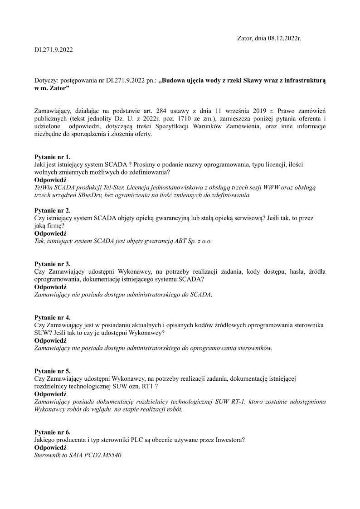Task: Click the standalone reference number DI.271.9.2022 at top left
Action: pyautogui.click(x=54, y=49)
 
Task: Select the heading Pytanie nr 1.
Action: pyautogui.click(x=53, y=157)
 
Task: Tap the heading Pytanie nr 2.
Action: pyautogui.click(x=53, y=210)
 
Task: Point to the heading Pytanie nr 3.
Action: pyautogui.click(x=53, y=264)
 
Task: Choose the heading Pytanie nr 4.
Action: pyautogui.click(x=53, y=317)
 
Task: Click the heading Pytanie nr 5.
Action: pyautogui.click(x=53, y=371)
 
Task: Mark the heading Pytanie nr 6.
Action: pyautogui.click(x=53, y=432)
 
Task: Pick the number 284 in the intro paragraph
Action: pyautogui.click(x=162, y=111)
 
